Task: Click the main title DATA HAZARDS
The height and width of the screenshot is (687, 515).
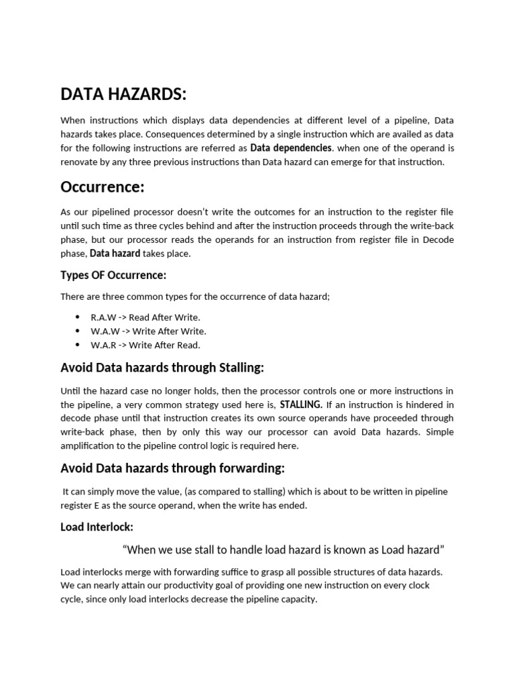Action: tap(123, 95)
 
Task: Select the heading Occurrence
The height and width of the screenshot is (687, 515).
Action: tap(103, 186)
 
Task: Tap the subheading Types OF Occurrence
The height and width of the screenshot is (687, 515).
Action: tap(113, 275)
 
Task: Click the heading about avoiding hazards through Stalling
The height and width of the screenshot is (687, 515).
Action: tap(162, 367)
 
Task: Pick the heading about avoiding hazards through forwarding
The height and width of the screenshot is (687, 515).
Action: tap(172, 468)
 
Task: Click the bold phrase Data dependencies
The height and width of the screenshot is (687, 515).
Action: tap(291, 148)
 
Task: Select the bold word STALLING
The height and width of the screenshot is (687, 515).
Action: tap(301, 405)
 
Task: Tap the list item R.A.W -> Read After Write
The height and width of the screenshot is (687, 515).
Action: tap(146, 317)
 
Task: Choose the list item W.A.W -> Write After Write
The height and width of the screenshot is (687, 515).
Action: tap(148, 331)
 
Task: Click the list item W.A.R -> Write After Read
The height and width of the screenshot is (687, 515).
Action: tap(146, 345)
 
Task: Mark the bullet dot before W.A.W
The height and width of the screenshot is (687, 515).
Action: tap(78, 331)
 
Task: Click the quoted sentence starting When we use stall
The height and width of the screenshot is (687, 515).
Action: tap(284, 550)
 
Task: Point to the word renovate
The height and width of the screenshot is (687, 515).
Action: tap(80, 162)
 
